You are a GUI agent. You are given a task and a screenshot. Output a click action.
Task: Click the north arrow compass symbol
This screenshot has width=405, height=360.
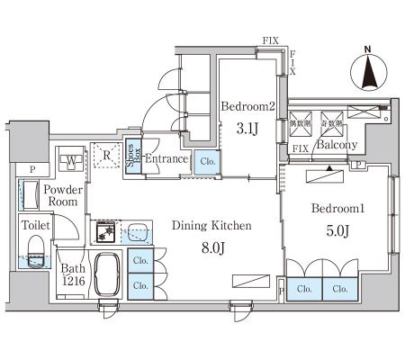369,72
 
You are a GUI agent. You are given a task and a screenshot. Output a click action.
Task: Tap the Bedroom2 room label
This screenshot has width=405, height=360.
248,106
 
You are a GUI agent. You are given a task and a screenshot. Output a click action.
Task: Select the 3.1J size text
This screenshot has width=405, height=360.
247,129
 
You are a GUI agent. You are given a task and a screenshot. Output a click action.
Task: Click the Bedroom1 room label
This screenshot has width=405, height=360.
337,208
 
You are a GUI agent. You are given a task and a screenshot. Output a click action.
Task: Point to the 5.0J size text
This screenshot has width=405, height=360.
337,231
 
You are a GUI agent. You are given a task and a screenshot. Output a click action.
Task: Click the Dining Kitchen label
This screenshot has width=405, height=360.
211,225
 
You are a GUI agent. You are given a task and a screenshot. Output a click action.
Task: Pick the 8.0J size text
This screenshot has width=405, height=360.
213,247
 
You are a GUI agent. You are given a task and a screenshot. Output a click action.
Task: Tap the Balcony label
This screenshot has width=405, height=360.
337,145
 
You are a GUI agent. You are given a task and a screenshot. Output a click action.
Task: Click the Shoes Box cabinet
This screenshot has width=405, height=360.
133,156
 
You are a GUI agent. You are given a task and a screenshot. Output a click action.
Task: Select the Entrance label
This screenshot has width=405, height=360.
166,158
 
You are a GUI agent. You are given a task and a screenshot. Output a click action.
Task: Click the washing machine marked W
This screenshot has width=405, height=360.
71,158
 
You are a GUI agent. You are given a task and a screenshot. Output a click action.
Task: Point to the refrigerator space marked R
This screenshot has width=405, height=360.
107,155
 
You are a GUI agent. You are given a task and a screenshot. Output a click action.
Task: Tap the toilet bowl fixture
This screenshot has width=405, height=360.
36,252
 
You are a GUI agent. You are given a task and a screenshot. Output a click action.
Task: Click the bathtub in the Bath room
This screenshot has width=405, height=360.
107,274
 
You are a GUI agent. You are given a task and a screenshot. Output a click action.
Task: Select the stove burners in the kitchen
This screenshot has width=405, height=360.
105,232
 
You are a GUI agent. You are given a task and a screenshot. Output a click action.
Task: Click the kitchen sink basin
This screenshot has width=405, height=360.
139,233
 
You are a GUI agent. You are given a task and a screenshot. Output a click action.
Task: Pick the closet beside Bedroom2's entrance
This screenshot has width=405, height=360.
207,162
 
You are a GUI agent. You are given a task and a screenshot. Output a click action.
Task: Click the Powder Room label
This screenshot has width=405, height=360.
63,195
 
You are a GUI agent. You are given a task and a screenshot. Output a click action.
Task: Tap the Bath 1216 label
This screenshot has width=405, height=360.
73,274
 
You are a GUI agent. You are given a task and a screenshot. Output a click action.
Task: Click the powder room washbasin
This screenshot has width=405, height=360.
31,195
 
